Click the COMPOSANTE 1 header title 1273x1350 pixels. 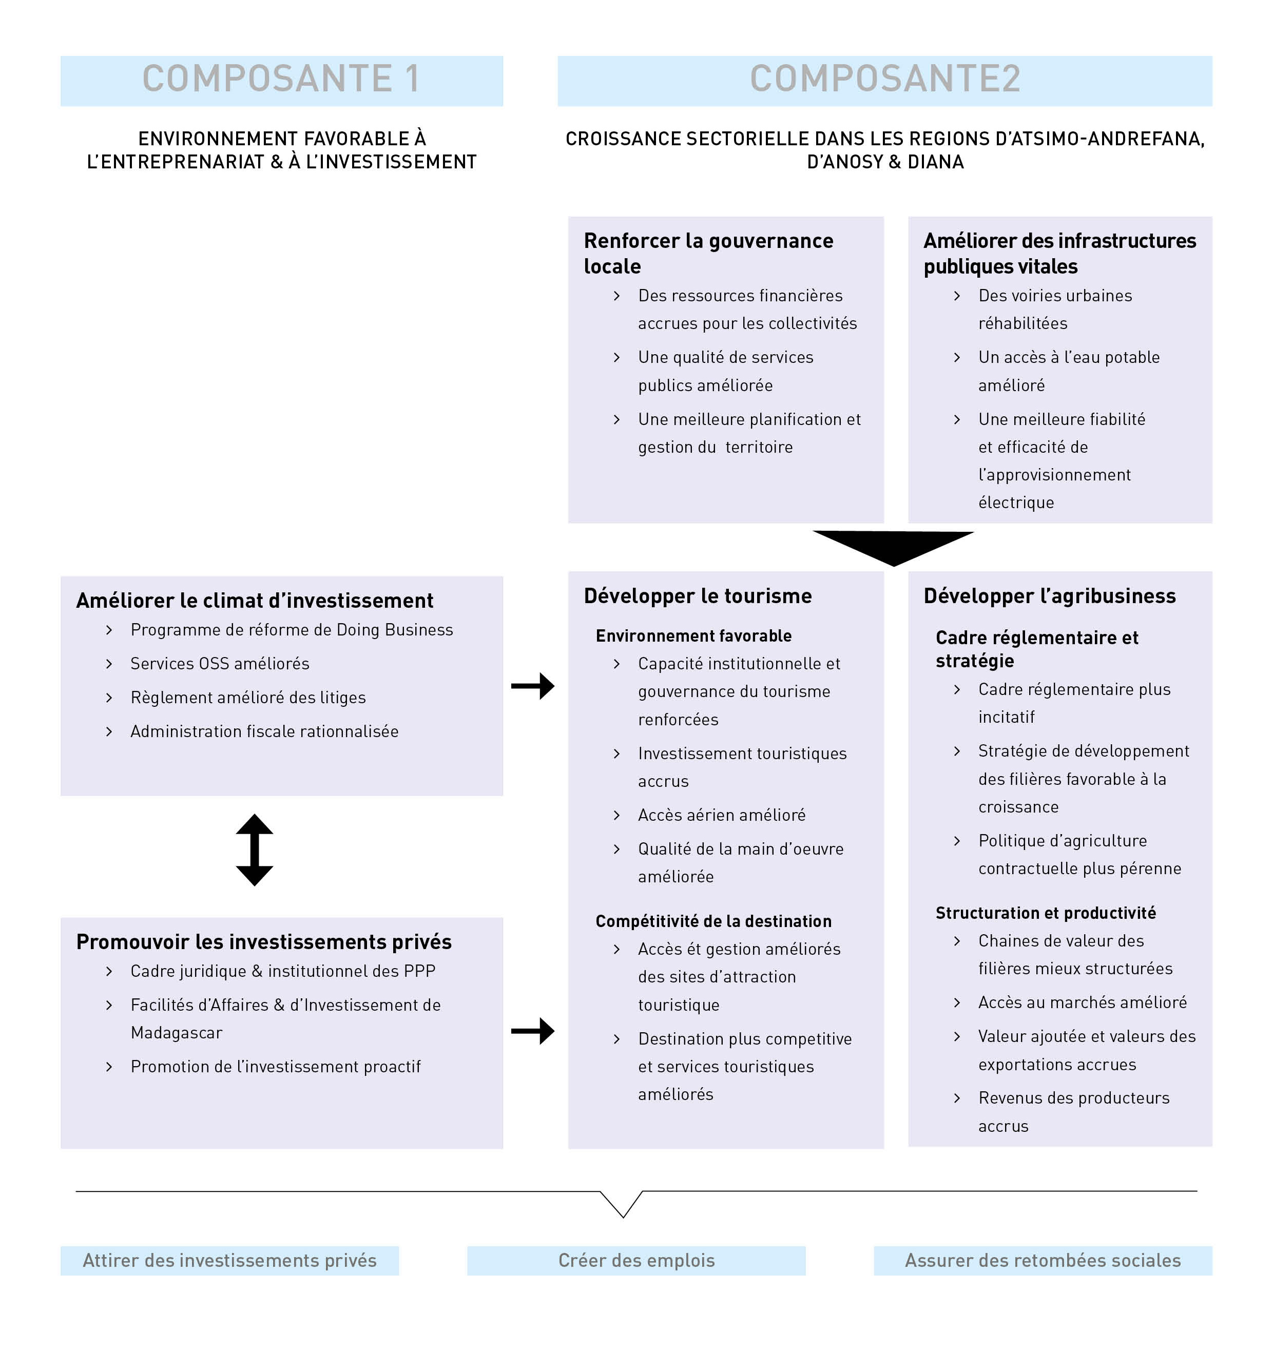coord(281,78)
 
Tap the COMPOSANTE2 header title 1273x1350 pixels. coord(884,78)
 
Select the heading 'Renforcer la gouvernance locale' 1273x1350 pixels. coord(708,253)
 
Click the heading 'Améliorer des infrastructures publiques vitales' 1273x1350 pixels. coord(1059,253)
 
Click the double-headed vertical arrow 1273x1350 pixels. coord(255,850)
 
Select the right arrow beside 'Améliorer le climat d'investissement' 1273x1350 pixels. coord(533,686)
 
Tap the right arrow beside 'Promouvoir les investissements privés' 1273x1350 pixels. coord(533,1031)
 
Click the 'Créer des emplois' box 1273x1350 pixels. coord(636,1260)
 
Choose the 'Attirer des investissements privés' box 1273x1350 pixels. coord(229,1260)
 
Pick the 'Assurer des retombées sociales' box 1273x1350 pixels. coord(1043,1260)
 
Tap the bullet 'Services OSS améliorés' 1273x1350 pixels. coord(220,664)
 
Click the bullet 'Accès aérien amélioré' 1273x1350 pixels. coord(722,815)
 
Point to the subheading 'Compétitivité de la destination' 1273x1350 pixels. coord(713,921)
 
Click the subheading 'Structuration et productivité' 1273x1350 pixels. coord(1046,913)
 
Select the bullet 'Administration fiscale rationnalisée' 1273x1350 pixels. coord(265,731)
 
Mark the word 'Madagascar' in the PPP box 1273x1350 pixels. coord(177,1033)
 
